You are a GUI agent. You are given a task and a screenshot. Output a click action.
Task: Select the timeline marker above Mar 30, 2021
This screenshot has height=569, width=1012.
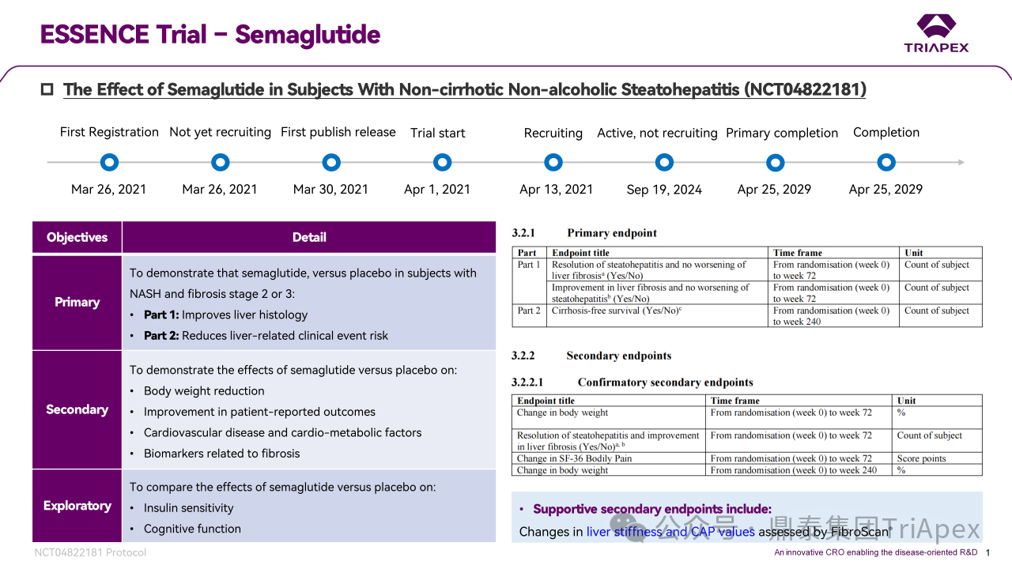[x=331, y=163]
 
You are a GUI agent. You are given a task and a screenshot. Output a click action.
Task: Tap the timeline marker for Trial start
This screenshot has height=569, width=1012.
[x=442, y=163]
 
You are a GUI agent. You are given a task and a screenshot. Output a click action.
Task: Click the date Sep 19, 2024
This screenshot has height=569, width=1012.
[x=664, y=190]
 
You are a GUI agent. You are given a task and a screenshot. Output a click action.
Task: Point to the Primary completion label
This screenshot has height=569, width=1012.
[x=782, y=133]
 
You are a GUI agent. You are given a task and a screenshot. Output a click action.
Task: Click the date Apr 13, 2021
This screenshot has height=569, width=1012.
[x=556, y=190]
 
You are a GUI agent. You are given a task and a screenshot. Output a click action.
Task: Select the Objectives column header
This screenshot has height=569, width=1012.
[x=77, y=237]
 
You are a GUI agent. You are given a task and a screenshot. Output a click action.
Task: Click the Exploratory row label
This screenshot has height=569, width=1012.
[x=77, y=506]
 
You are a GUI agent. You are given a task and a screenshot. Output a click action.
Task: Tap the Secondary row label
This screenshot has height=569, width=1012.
[x=77, y=409]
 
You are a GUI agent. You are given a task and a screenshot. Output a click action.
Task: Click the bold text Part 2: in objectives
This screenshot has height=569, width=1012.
[x=161, y=336]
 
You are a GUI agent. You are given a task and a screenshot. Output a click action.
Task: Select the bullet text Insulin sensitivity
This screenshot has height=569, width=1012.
[x=188, y=508]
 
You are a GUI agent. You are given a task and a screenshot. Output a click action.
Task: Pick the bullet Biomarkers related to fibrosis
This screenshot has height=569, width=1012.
[x=221, y=454]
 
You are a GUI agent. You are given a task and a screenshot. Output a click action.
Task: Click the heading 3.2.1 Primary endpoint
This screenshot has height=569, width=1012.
[x=584, y=233]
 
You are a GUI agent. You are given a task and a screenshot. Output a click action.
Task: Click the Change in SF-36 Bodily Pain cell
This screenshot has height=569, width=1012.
[x=574, y=458]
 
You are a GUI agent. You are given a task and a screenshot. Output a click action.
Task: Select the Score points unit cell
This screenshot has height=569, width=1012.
[x=921, y=458]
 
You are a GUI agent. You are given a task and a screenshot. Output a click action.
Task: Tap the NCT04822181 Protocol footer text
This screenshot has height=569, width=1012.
[x=90, y=552]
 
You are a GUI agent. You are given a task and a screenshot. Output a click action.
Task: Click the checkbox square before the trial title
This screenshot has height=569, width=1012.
[x=47, y=89]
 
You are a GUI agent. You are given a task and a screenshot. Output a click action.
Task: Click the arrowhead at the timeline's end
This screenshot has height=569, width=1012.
[x=961, y=163]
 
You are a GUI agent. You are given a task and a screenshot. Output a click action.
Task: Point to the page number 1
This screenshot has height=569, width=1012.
[x=988, y=552]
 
